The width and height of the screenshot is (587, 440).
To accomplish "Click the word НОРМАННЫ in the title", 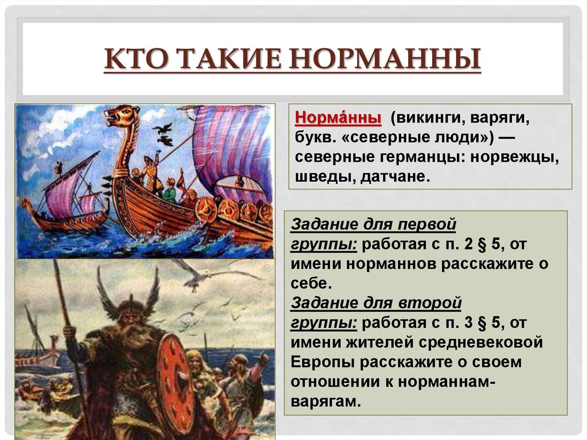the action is [386, 59].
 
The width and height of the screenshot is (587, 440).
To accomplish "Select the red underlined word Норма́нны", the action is [338, 118].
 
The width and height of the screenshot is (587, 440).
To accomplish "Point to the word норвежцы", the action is [514, 157].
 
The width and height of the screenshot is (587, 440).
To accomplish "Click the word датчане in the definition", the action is [395, 177].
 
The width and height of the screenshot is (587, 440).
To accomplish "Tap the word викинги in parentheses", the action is [426, 118].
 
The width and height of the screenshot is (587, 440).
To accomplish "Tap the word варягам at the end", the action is [326, 402].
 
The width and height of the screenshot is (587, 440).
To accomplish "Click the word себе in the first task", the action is [311, 283].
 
